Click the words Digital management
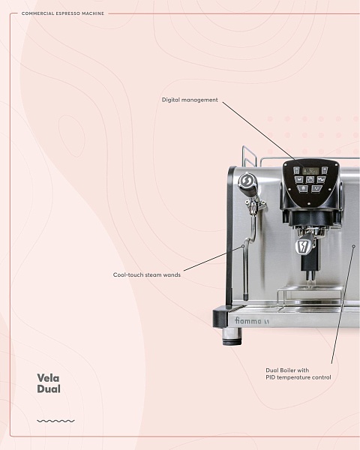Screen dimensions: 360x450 tap(190, 100)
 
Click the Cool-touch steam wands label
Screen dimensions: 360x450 tap(147, 274)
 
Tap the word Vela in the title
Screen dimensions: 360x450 tap(48, 378)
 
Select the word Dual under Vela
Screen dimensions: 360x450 tap(49, 388)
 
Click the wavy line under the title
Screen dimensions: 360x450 tap(55, 421)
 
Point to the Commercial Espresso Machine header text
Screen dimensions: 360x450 tap(63, 13)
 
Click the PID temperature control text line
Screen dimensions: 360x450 tap(298, 377)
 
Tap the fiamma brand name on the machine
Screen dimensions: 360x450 tap(248, 320)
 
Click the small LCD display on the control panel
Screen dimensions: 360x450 tap(310, 171)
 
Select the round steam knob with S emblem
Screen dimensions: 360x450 tap(246, 181)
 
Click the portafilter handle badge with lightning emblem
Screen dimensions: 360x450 tap(303, 246)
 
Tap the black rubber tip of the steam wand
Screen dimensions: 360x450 tap(246, 296)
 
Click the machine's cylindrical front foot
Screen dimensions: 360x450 tap(232, 336)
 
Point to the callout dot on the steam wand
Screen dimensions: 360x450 tap(243, 246)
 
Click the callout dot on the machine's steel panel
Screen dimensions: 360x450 tap(354, 246)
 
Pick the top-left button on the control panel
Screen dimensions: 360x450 tap(296, 170)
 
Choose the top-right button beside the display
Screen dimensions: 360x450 tap(325, 170)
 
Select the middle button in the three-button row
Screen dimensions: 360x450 tap(310, 180)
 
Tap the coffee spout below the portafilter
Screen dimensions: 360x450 tap(310, 276)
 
